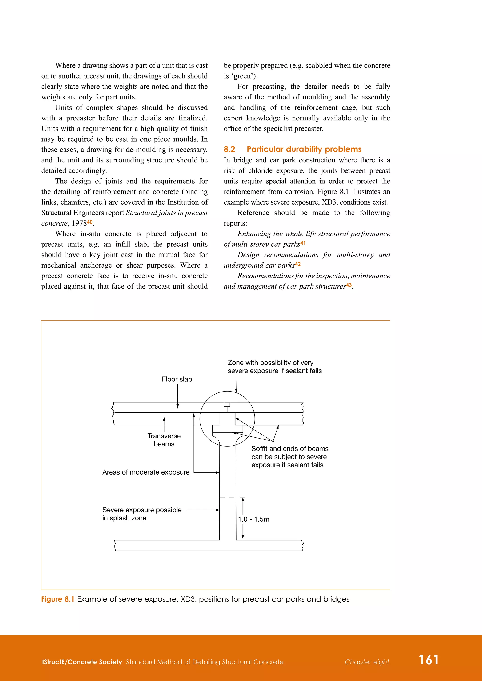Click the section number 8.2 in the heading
point(229,149)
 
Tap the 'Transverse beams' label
point(164,440)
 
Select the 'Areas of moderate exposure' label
point(146,472)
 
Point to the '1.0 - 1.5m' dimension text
point(253,519)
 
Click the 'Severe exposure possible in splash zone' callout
point(142,514)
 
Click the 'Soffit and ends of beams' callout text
point(289,457)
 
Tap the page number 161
point(428,660)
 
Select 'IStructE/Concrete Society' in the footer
point(82,662)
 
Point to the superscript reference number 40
point(90,222)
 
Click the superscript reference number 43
point(349,285)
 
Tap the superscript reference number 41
point(302,243)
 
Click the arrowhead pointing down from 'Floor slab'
point(177,406)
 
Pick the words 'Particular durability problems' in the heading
point(304,149)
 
